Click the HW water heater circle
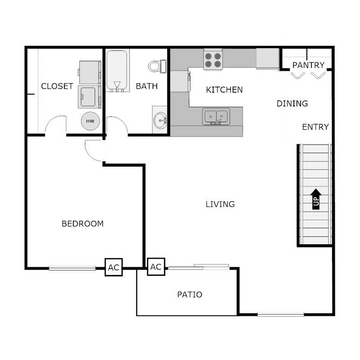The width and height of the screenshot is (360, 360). (90, 121)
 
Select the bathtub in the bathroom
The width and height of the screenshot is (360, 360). (117, 71)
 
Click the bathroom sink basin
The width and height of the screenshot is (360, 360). (159, 120)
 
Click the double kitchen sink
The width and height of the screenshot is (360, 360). (216, 116)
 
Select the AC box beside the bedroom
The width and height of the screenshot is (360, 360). (113, 268)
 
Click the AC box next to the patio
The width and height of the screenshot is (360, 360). (156, 266)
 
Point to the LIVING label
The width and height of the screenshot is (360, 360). (220, 204)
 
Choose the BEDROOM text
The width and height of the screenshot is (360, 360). (82, 224)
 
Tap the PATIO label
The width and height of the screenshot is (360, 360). (189, 295)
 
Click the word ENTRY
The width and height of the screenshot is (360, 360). (315, 127)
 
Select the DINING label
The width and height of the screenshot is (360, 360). (292, 103)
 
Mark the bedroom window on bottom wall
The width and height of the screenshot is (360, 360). (72, 268)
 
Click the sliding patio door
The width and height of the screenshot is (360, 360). (198, 267)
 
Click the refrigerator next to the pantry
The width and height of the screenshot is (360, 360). (268, 59)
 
